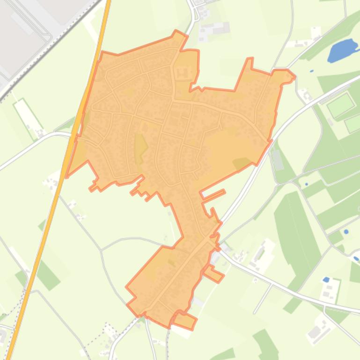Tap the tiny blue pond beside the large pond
311,71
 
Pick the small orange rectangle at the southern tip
184,320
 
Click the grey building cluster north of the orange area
213,30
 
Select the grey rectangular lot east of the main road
278,159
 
